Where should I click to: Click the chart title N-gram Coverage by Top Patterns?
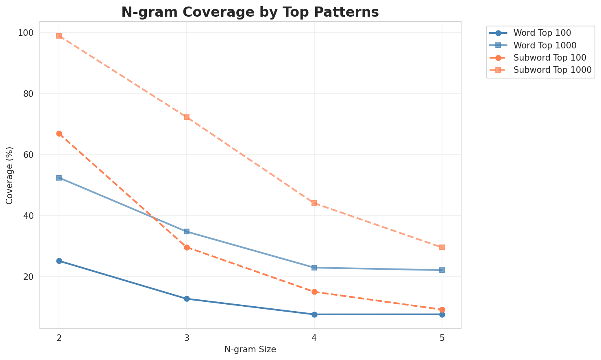pyautogui.click(x=250, y=12)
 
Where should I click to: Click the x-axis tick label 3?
pyautogui.click(x=187, y=338)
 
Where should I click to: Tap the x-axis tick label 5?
pyautogui.click(x=442, y=338)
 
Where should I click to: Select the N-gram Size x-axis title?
pyautogui.click(x=250, y=349)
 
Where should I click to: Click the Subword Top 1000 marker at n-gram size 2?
pyautogui.click(x=59, y=36)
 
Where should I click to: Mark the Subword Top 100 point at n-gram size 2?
pyautogui.click(x=59, y=133)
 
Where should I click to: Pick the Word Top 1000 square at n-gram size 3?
pyautogui.click(x=187, y=231)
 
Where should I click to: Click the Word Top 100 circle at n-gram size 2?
pyautogui.click(x=59, y=261)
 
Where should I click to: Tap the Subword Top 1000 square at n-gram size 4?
pyautogui.click(x=314, y=203)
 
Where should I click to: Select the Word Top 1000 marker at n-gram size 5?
pyautogui.click(x=442, y=270)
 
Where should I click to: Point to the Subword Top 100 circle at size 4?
pyautogui.click(x=314, y=292)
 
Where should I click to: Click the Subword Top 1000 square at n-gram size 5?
pyautogui.click(x=442, y=247)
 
